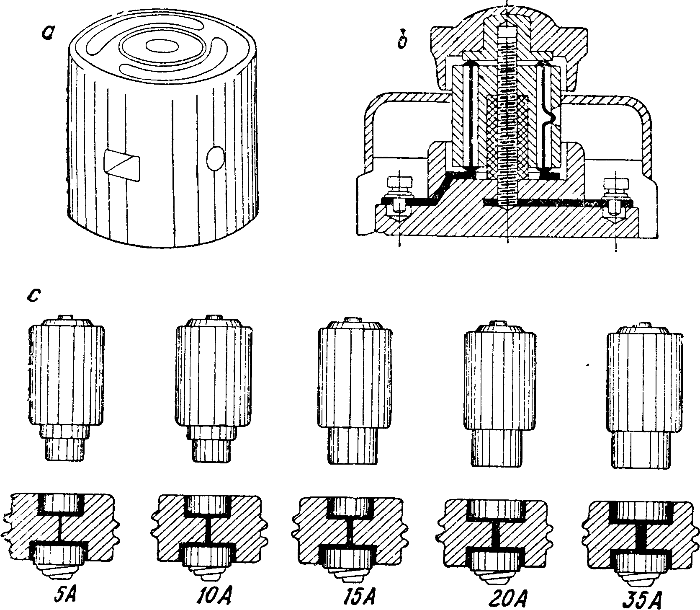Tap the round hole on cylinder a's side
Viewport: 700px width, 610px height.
tap(216, 158)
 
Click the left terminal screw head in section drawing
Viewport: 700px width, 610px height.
tap(400, 183)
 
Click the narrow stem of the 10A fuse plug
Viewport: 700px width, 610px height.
tap(212, 450)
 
